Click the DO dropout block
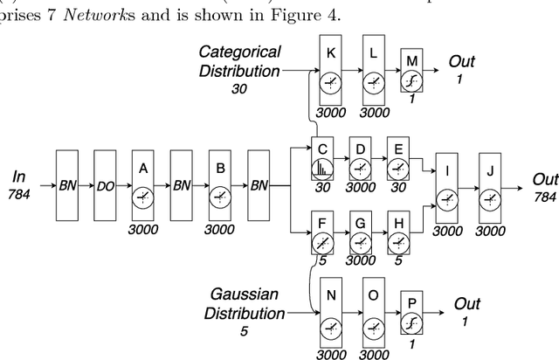109,186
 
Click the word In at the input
19,177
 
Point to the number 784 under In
19,194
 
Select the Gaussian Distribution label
246,305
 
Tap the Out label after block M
462,61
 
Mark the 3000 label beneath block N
330,353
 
